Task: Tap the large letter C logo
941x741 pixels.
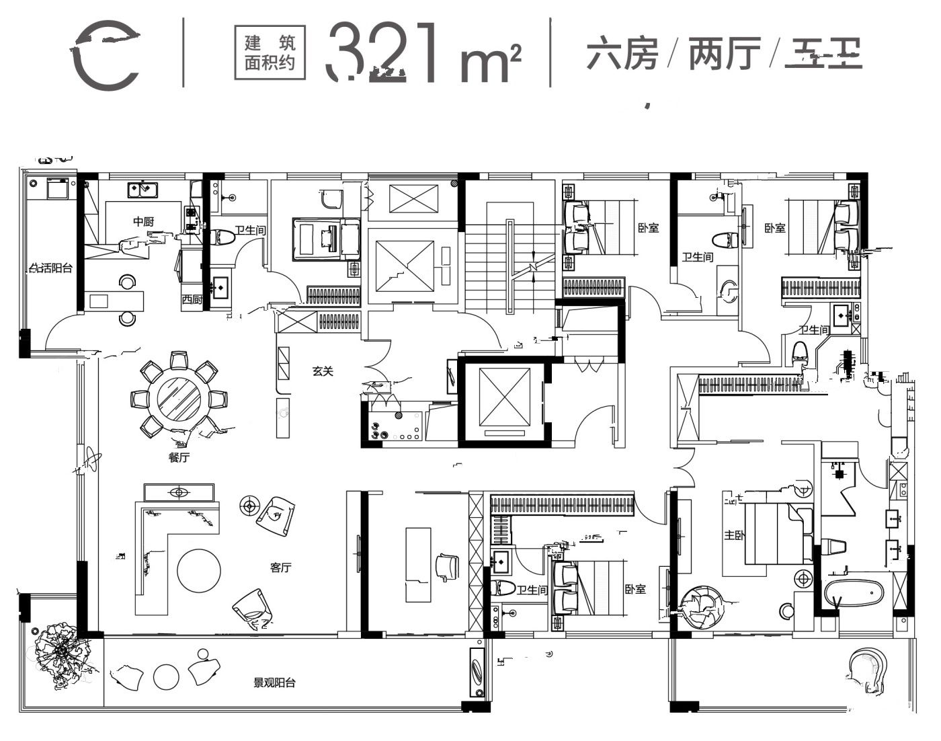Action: click(x=106, y=54)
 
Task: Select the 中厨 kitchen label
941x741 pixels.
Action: click(x=143, y=221)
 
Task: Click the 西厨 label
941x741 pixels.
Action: click(x=192, y=299)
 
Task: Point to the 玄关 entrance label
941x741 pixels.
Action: click(x=323, y=370)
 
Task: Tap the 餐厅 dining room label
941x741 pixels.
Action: click(x=179, y=458)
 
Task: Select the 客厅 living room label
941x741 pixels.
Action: click(x=280, y=568)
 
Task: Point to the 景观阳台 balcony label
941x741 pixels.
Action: click(x=274, y=683)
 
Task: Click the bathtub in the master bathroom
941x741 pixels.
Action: click(x=854, y=593)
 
